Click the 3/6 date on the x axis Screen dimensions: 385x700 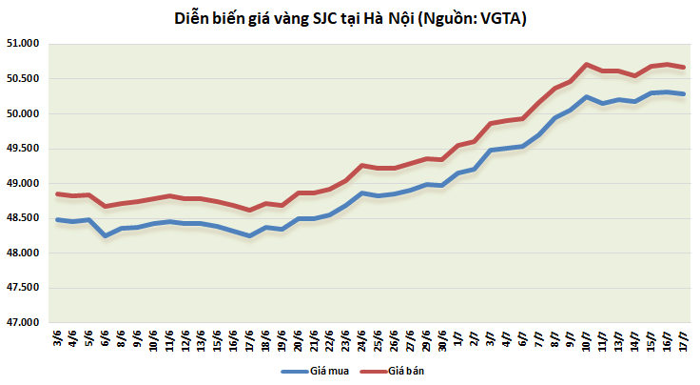[x=59, y=340]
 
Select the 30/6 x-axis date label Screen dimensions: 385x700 [x=442, y=342]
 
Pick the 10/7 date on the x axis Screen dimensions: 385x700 [x=587, y=342]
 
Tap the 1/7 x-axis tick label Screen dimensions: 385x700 [x=458, y=340]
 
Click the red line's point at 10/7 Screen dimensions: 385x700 [x=587, y=64]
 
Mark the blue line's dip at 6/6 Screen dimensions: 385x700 [x=106, y=235]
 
